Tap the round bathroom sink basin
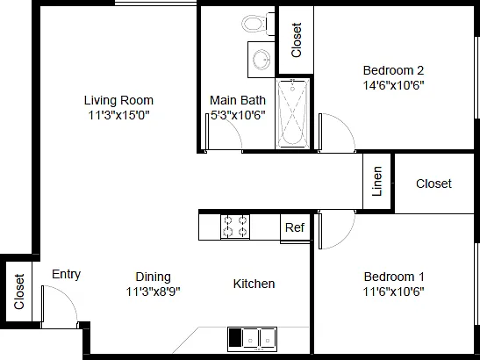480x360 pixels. pos(261,60)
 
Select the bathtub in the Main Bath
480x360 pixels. pos(293,113)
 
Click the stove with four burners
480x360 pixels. pos(235,227)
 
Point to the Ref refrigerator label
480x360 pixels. pos(295,227)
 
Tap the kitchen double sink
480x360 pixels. pos(252,340)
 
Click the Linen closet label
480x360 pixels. pos(377,182)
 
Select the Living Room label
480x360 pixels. pos(118,100)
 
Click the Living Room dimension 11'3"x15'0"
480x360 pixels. pos(118,115)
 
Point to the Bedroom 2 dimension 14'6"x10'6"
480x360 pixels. pos(394,85)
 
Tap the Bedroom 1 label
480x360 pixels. pos(394,277)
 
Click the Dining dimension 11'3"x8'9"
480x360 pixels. pos(153,292)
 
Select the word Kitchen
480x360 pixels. pos(254,284)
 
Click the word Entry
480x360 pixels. pos(66,274)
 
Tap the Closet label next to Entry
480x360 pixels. pos(19,292)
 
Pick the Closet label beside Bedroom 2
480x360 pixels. pos(297,40)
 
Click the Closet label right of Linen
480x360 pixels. pos(433,184)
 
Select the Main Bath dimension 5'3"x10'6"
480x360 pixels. pos(238,115)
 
